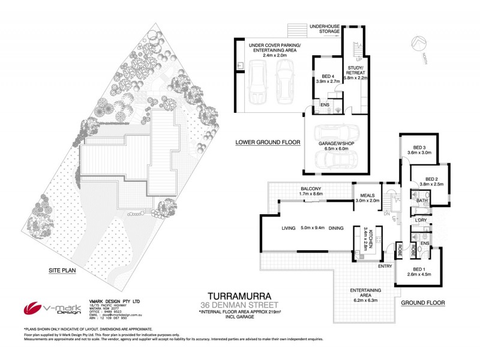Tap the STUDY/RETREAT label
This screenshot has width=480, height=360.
point(356,72)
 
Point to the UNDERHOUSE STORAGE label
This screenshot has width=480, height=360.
point(324,29)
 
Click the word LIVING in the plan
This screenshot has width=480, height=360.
point(290,228)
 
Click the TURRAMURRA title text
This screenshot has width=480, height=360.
point(239,296)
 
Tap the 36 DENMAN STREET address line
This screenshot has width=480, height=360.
point(239,305)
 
